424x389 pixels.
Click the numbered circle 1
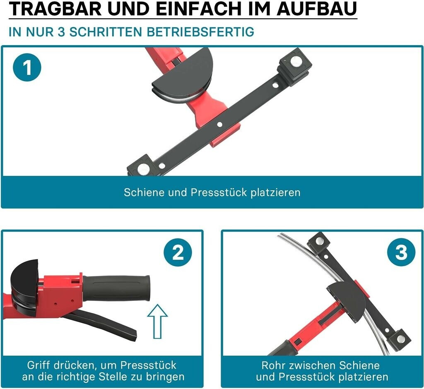27,67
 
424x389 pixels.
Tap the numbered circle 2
178,252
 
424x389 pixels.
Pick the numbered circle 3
401,252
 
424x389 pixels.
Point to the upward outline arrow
157,322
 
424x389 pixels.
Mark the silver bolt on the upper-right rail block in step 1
295,62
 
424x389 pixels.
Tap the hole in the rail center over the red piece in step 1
220,124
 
